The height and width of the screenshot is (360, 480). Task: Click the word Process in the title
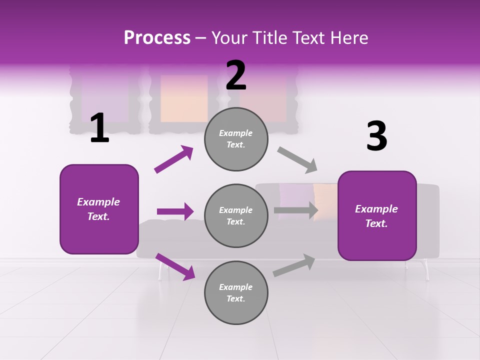click(x=157, y=37)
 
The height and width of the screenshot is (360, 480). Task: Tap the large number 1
click(x=99, y=128)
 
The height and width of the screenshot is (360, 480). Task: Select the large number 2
click(x=236, y=75)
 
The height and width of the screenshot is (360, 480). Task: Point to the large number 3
click(x=376, y=136)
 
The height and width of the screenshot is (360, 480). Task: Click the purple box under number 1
click(x=99, y=209)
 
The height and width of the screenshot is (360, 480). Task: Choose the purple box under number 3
click(x=377, y=216)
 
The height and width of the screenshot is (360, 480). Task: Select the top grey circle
click(x=236, y=139)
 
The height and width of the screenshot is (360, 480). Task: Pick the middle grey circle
click(x=236, y=216)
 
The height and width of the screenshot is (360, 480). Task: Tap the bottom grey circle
click(x=236, y=293)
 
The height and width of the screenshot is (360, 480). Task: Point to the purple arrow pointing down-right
click(x=175, y=266)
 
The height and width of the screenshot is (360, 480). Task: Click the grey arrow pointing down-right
click(x=297, y=160)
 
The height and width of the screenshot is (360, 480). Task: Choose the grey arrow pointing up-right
click(x=294, y=265)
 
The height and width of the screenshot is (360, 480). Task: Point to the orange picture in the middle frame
click(x=184, y=98)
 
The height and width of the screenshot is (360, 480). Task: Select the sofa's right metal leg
click(x=426, y=270)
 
